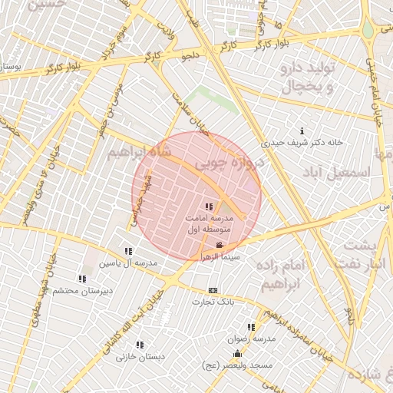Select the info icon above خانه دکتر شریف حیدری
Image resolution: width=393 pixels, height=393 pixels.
coord(302,130)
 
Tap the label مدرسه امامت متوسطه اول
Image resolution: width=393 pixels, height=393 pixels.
coord(209,223)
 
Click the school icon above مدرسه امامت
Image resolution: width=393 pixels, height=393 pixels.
coord(210,206)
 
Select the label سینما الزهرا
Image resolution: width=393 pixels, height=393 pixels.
coord(220,258)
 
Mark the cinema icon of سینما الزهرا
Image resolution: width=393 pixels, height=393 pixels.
coord(220,246)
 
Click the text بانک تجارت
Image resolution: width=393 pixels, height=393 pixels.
coord(213,302)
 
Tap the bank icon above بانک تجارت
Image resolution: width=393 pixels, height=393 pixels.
coord(213,290)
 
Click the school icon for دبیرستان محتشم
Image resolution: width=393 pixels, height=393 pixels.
coord(82,279)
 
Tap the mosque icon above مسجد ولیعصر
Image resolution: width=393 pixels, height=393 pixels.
coord(237,354)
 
